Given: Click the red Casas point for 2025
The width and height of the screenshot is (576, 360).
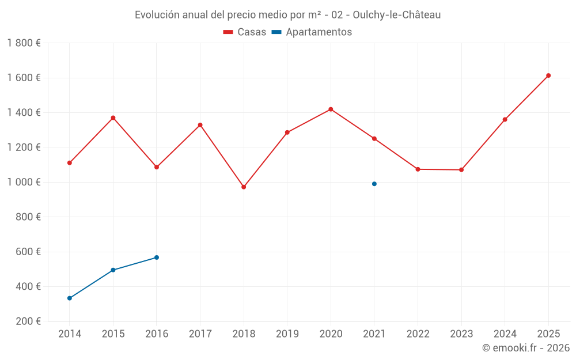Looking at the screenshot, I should (x=548, y=75).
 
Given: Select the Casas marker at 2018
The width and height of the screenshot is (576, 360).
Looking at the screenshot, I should (x=244, y=187).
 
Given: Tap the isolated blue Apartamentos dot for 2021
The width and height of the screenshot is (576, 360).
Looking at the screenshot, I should (x=374, y=184).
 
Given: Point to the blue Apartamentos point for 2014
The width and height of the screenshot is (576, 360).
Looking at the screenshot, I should (x=70, y=298).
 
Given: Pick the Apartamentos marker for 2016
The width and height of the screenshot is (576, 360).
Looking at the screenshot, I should (x=157, y=257).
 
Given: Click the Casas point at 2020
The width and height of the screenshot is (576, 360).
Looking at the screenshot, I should (x=331, y=109).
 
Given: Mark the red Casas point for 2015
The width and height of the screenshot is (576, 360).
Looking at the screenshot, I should (x=113, y=118).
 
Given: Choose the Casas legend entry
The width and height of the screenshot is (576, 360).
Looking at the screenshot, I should (x=245, y=32).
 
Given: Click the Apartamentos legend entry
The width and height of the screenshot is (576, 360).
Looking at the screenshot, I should (x=312, y=32).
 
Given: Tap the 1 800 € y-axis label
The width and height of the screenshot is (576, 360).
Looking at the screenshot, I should (x=24, y=43).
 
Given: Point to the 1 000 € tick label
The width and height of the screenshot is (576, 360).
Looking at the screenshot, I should (x=24, y=182).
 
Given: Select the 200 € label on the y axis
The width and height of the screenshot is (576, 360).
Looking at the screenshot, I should (x=28, y=321).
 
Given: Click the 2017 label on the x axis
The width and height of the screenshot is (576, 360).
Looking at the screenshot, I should (x=200, y=334).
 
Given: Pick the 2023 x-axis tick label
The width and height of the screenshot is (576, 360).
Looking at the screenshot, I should (x=461, y=334).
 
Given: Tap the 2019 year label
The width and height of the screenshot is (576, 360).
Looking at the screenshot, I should (x=287, y=334).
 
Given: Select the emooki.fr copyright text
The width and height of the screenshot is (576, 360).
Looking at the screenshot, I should (x=526, y=348).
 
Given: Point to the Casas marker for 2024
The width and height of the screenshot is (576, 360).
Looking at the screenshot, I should (x=505, y=120).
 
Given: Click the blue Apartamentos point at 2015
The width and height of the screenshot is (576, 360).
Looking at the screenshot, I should (x=113, y=270).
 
